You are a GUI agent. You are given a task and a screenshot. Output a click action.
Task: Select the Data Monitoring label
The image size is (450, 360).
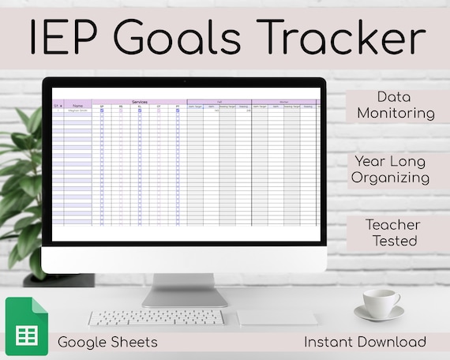[396, 105]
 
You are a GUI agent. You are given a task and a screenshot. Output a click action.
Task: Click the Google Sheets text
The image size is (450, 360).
[107, 341]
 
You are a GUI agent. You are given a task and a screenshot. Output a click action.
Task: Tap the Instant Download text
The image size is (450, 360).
[366, 341]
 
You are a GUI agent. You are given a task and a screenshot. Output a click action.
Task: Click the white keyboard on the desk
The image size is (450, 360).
[156, 317]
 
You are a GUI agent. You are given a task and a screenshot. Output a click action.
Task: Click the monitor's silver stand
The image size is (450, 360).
[185, 290]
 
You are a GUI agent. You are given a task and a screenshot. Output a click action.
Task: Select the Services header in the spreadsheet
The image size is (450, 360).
[139, 101]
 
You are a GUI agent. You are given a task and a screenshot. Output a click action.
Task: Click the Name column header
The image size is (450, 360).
[77, 106]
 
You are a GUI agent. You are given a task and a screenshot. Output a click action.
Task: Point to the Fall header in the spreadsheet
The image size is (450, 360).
[219, 101]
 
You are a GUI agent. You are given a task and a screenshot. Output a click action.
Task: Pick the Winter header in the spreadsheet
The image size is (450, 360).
[283, 101]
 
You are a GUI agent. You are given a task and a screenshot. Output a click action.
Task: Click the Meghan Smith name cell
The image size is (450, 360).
[77, 111]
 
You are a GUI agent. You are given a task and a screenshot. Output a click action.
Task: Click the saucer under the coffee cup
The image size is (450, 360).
[379, 314]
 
